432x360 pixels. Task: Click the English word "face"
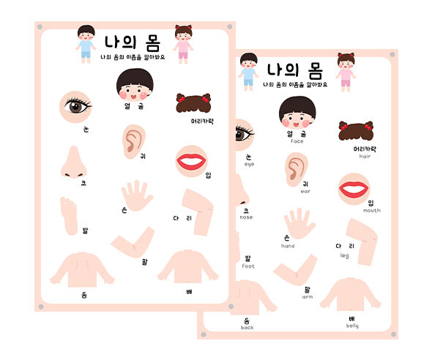(x=297, y=141)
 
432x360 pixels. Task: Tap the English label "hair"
(x=365, y=156)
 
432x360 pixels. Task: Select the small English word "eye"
(x=249, y=165)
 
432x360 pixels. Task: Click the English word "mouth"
(x=371, y=210)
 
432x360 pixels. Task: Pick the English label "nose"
(x=246, y=217)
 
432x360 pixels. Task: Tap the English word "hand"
(x=288, y=246)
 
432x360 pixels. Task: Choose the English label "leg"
(x=344, y=255)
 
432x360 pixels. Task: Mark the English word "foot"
(x=248, y=266)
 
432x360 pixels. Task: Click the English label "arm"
(x=307, y=297)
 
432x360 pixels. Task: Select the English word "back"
(x=246, y=328)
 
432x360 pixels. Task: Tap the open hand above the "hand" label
(x=299, y=224)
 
